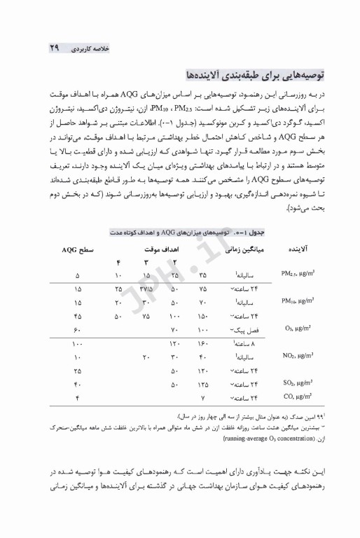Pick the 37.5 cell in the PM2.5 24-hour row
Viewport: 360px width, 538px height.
pyautogui.click(x=146, y=288)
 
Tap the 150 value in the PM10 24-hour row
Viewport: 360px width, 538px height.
pyautogui.click(x=203, y=315)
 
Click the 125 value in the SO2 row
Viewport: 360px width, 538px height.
pyautogui.click(x=203, y=384)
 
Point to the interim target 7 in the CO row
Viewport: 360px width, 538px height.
pyautogui.click(x=202, y=397)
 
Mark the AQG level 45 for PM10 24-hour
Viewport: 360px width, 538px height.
pyautogui.click(x=78, y=315)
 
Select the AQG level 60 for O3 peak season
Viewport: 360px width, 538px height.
pyautogui.click(x=78, y=329)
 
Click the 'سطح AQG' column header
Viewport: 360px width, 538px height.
pyautogui.click(x=78, y=249)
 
